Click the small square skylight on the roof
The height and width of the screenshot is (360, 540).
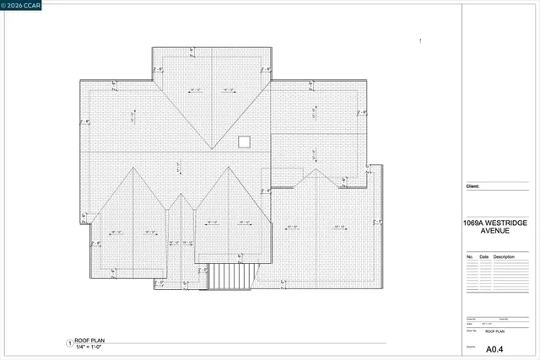(x=244, y=142)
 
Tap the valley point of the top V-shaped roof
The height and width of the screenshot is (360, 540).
(x=212, y=152)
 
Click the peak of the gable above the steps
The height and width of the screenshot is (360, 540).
(x=227, y=167)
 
